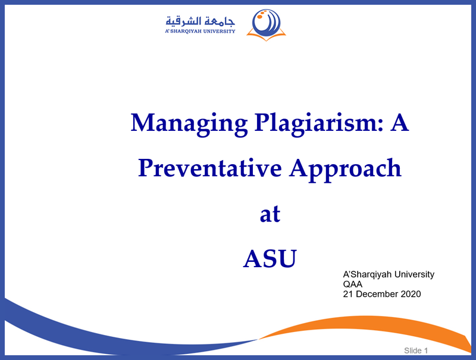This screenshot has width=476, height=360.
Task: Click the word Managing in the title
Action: point(189,124)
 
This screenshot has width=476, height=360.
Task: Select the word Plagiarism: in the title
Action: point(319,124)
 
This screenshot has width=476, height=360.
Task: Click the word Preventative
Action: point(210,168)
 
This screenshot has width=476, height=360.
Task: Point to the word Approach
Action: point(345,170)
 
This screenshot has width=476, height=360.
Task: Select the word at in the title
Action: point(270,214)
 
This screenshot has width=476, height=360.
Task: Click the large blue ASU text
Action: point(270,259)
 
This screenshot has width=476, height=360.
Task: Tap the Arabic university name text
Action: point(201,21)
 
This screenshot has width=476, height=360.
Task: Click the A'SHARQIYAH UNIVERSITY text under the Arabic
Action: point(200,32)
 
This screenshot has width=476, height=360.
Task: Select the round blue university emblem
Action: point(266,23)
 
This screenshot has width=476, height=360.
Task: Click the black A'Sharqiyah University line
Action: point(389,274)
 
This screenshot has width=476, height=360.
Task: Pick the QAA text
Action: point(352,284)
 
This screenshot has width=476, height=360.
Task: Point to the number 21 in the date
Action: point(348,294)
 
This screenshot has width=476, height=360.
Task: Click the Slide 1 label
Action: point(416,350)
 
